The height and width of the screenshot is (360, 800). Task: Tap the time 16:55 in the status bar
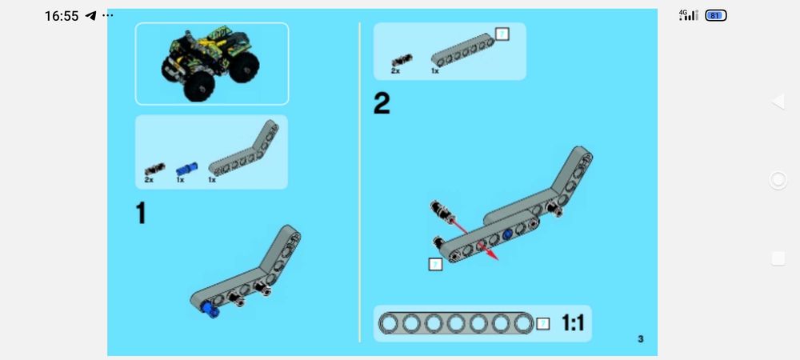tap(61, 16)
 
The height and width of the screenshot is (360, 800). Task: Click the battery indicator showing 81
tap(715, 15)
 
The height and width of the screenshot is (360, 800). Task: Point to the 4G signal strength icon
tap(688, 15)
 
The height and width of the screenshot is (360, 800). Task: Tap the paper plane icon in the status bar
tap(90, 16)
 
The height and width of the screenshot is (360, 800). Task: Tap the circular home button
tap(778, 180)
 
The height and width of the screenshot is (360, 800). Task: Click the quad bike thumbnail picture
tap(211, 63)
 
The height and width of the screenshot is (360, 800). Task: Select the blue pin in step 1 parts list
tap(186, 169)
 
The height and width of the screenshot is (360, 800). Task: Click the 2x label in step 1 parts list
tap(149, 181)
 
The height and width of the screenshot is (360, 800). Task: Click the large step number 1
tap(142, 214)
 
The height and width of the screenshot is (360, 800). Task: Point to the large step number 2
tap(382, 104)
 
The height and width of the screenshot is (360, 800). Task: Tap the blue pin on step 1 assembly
tap(210, 310)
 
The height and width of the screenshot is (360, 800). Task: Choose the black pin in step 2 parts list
tap(401, 59)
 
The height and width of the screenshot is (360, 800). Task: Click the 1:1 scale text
tap(574, 323)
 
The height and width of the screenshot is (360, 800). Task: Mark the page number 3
tap(640, 339)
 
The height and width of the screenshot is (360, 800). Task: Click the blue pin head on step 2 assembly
tap(507, 236)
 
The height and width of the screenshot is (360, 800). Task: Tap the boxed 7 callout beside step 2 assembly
tap(435, 264)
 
